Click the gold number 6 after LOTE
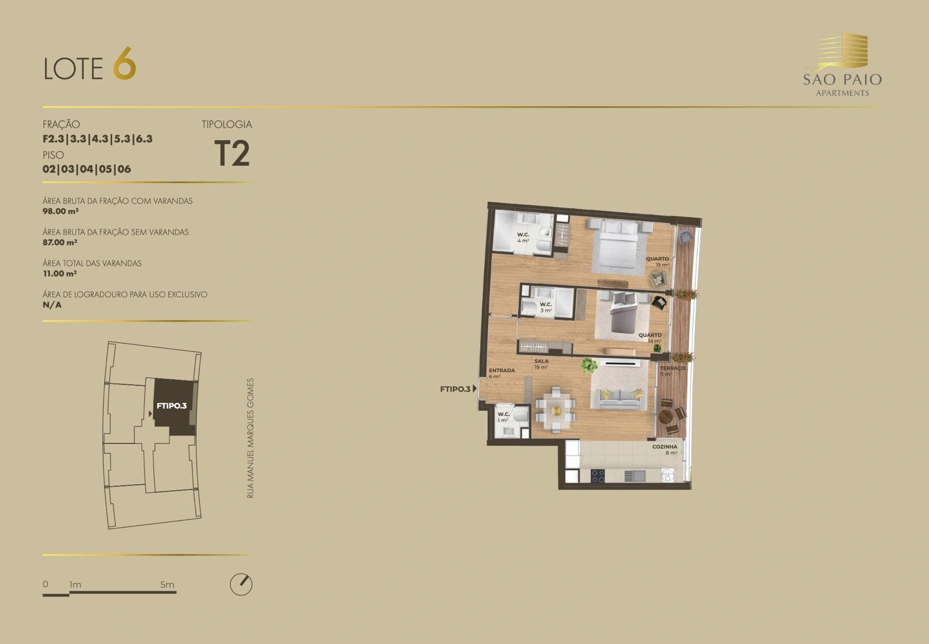point(124,63)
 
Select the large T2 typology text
point(232,153)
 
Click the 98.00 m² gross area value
point(60,211)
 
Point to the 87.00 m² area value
point(60,242)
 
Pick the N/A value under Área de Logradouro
point(52,305)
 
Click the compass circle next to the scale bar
point(241,584)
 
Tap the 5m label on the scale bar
point(167,585)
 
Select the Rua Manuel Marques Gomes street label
point(250,438)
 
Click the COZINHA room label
point(664,447)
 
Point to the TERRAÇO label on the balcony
point(672,368)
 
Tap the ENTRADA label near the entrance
point(502,370)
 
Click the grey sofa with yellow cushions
point(620,399)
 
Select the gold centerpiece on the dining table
point(556,411)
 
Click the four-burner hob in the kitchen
point(597,476)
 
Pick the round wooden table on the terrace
point(665,417)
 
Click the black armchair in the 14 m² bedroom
point(659,302)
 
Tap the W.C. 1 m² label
point(503,417)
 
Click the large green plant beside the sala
point(589,366)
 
